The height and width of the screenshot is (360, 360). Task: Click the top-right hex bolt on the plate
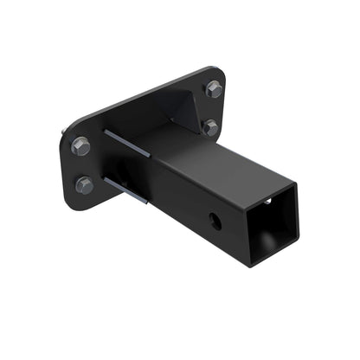coord(214,88)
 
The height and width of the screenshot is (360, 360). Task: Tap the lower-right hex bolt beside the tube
coord(210,127)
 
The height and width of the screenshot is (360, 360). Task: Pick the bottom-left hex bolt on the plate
coord(84,184)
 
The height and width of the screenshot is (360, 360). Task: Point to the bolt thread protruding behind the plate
coord(65,133)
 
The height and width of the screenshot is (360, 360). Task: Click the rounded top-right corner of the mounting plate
coord(221,74)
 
